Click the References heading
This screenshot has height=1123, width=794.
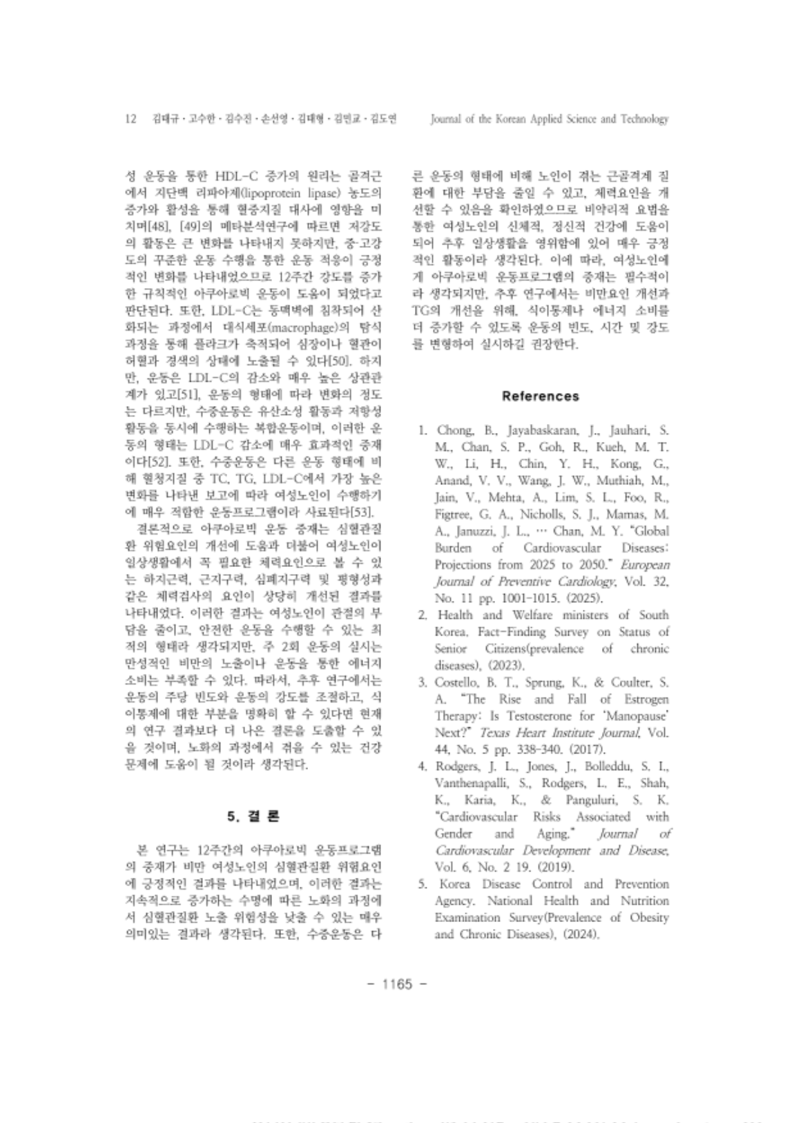click(x=541, y=396)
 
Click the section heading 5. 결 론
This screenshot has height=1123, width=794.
click(x=253, y=816)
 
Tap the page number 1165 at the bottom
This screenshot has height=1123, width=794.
click(x=397, y=983)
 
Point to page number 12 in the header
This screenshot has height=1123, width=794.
click(x=130, y=119)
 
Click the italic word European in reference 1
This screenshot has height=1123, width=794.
click(x=645, y=564)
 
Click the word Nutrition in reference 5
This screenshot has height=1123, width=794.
click(x=643, y=901)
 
